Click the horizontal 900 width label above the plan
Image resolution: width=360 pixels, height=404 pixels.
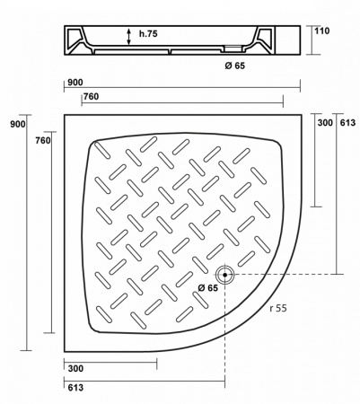coord(75,83)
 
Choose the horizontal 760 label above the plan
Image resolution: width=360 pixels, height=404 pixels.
coord(91,97)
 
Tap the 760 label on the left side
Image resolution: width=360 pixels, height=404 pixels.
coord(42,140)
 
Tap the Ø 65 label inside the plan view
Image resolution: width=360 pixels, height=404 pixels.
coord(206,287)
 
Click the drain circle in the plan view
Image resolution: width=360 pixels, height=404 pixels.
coord(224,274)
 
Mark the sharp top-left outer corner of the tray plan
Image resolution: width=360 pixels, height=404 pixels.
coord(66,114)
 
